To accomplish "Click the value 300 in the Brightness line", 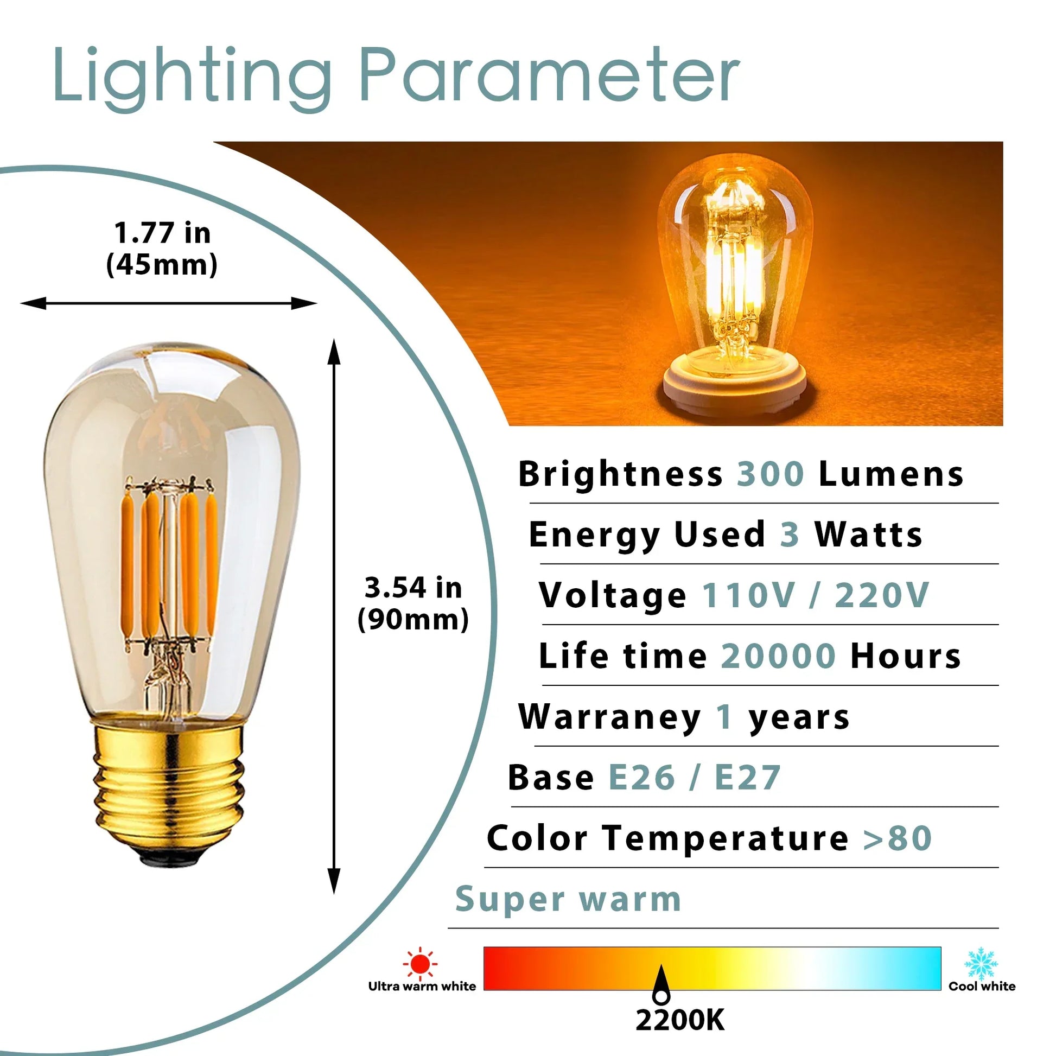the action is coord(771,473).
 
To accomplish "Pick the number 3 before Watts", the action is coord(789,534).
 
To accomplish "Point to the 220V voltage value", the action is coord(882,595).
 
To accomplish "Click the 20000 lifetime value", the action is coord(778,656).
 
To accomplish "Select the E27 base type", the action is coord(748,777).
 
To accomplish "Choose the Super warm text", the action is coord(569,900).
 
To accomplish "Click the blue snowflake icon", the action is coord(981,964).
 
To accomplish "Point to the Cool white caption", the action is coord(982,986).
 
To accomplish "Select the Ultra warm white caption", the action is coord(422,986).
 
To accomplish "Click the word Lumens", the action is coord(892,473).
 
